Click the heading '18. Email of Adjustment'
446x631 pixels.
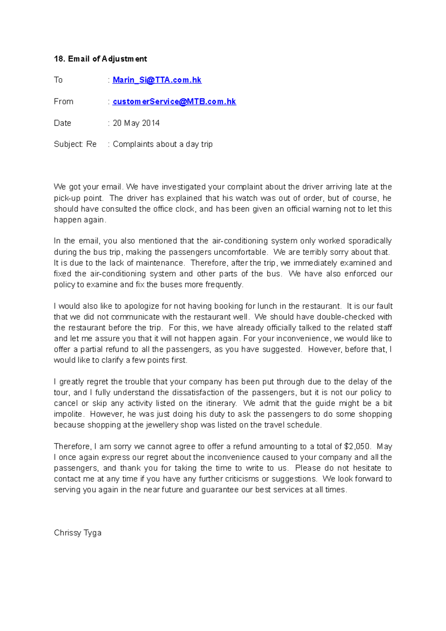coord(100,59)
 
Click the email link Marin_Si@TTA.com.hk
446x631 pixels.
coord(157,80)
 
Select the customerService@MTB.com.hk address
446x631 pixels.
coord(174,101)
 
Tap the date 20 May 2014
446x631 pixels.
coord(136,123)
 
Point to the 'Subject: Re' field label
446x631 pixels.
coord(75,144)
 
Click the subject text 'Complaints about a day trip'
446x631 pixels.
coord(162,144)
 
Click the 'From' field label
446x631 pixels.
coord(64,101)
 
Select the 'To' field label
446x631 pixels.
coord(58,80)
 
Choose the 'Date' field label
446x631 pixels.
coord(62,123)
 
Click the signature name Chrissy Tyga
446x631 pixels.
coord(78,533)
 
